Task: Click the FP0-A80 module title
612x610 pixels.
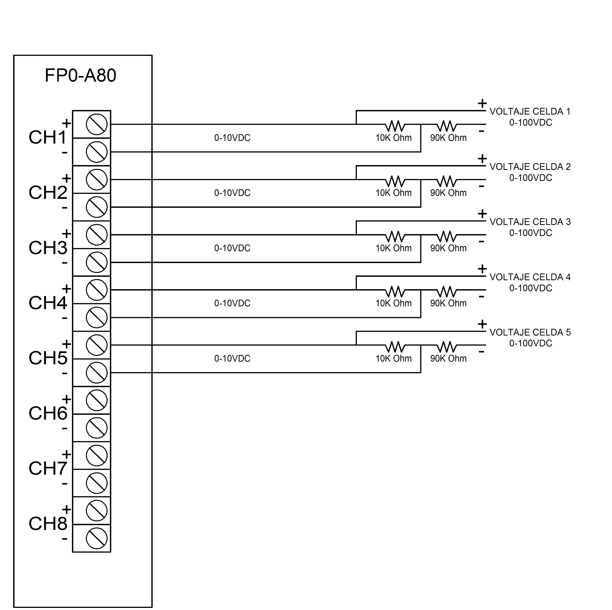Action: pyautogui.click(x=81, y=76)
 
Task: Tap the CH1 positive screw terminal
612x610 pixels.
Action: pyautogui.click(x=97, y=124)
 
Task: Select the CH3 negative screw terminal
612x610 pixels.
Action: pyautogui.click(x=97, y=262)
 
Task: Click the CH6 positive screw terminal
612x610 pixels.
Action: pyautogui.click(x=97, y=400)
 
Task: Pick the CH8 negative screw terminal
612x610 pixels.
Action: pyautogui.click(x=97, y=538)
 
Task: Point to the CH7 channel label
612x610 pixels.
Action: pyautogui.click(x=48, y=469)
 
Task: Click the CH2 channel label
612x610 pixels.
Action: pyautogui.click(x=48, y=193)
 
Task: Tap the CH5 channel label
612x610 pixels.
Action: pyautogui.click(x=48, y=358)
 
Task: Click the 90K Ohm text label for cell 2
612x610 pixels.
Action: pyautogui.click(x=448, y=193)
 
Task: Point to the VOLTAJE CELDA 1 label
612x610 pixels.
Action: pyautogui.click(x=530, y=111)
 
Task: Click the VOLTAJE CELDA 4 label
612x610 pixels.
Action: pyautogui.click(x=530, y=277)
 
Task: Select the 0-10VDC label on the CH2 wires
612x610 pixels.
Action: pyautogui.click(x=232, y=193)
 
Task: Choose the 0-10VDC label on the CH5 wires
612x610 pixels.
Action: pyautogui.click(x=232, y=358)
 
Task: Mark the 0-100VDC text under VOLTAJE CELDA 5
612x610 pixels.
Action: pyautogui.click(x=531, y=343)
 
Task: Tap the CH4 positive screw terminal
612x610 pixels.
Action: pyautogui.click(x=97, y=290)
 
